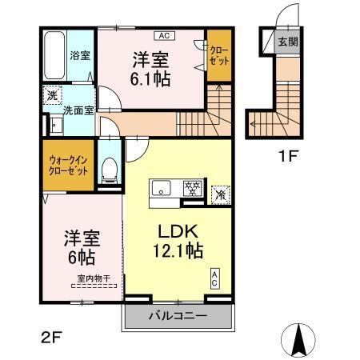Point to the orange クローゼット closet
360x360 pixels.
tap(218, 55)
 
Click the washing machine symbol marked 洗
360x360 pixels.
tap(51, 93)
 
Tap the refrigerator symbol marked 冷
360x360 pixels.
tap(220, 193)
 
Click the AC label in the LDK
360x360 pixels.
tap(216, 279)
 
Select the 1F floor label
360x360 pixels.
tap(287, 157)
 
